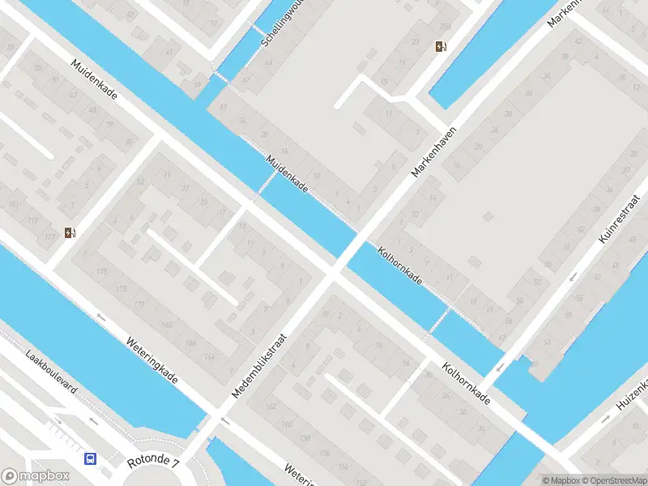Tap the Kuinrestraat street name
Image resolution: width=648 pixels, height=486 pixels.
(x=616, y=218)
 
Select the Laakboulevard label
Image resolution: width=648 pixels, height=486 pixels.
(x=52, y=373)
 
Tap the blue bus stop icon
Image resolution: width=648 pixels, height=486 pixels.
(x=90, y=458)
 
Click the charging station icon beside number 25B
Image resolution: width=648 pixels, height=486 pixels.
(x=440, y=47)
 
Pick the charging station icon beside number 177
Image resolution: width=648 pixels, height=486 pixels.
(x=71, y=235)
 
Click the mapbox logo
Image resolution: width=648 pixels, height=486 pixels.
(x=34, y=476)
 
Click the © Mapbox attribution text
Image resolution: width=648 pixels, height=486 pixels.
(x=561, y=480)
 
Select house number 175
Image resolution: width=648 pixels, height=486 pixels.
(x=100, y=271)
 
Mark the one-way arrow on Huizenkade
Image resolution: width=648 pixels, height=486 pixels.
(x=606, y=419)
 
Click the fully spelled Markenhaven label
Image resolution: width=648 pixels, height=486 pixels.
(x=434, y=151)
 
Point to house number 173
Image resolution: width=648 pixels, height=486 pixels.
(x=122, y=288)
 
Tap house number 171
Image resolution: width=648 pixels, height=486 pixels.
(x=139, y=305)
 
